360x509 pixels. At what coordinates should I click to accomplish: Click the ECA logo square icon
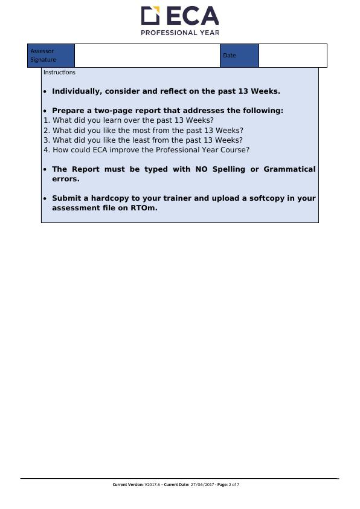click(x=150, y=15)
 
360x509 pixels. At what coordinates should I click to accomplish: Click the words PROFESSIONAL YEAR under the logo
click(x=179, y=33)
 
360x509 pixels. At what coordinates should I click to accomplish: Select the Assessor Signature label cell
click(x=51, y=56)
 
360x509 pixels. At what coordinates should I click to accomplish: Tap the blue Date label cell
click(x=239, y=56)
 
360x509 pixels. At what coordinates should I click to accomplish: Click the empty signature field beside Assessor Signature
click(x=147, y=56)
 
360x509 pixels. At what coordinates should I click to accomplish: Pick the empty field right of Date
click(x=292, y=56)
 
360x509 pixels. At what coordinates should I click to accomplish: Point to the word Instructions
click(x=59, y=73)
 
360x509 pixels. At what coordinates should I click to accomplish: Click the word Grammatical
click(x=289, y=169)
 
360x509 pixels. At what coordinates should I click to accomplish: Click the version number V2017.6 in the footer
click(x=152, y=485)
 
